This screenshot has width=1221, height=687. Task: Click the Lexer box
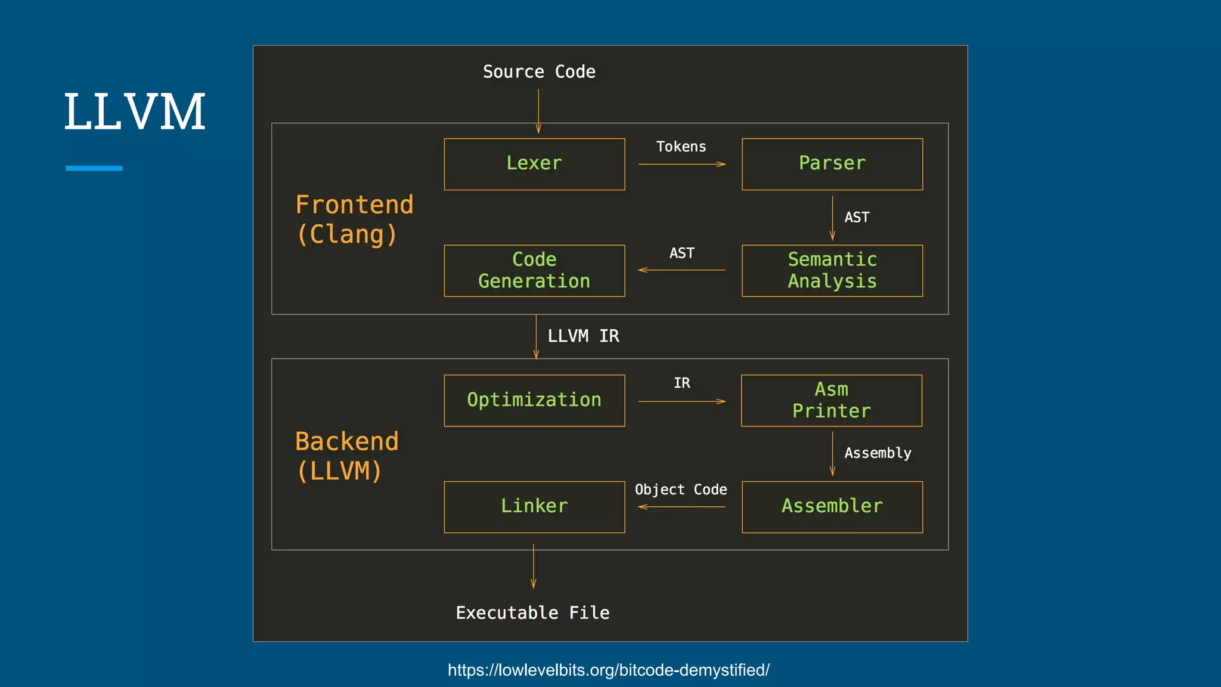(534, 164)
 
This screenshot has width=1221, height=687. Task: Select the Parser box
(832, 164)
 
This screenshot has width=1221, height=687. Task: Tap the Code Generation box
(534, 270)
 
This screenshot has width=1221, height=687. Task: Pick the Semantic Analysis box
(832, 270)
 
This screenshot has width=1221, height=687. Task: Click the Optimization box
(534, 400)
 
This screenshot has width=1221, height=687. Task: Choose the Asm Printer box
(831, 400)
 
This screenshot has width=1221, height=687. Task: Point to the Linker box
(534, 506)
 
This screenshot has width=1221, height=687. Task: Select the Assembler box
(832, 506)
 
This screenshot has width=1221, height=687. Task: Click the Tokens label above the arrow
(681, 147)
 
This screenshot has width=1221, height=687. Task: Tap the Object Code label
(681, 490)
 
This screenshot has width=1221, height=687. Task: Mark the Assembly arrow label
(878, 453)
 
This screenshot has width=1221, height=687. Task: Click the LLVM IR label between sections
(583, 336)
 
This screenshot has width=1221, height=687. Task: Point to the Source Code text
(539, 72)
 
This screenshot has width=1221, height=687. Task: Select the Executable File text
(532, 613)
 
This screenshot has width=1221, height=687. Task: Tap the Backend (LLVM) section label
(346, 456)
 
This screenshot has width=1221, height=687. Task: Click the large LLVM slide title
(135, 112)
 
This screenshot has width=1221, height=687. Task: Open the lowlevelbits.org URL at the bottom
(608, 670)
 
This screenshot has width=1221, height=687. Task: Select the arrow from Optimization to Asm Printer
(681, 401)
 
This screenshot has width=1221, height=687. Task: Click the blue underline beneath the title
(94, 168)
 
